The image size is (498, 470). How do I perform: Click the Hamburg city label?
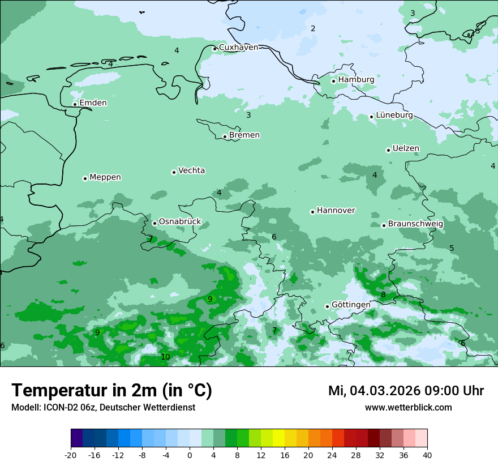(356, 80)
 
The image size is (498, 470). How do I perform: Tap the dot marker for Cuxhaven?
(214, 49)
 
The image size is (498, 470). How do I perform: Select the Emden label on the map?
(93, 103)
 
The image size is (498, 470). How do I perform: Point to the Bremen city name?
(244, 135)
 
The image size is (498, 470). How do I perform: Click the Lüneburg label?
(394, 115)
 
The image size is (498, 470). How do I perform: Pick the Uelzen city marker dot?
(388, 150)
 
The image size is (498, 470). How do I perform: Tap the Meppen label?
(105, 177)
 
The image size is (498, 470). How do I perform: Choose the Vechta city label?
(191, 170)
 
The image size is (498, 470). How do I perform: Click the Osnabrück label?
(179, 222)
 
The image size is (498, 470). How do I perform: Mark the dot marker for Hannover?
(312, 212)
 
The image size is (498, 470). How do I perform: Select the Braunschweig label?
(415, 224)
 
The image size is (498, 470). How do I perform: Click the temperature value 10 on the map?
(165, 357)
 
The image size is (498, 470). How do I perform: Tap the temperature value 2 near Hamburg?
(313, 28)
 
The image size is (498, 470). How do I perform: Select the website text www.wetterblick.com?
(408, 408)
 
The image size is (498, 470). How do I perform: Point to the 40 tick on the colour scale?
(427, 455)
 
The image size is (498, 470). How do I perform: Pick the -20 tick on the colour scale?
(71, 455)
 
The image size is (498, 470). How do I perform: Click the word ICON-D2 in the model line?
(59, 408)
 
